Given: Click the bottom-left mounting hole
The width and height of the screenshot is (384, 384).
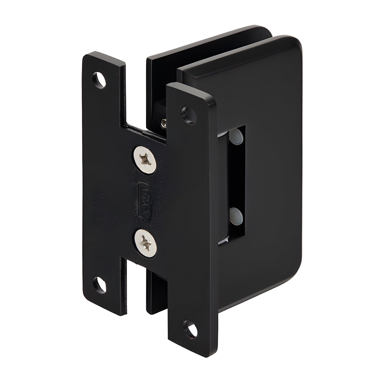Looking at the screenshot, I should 100,284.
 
